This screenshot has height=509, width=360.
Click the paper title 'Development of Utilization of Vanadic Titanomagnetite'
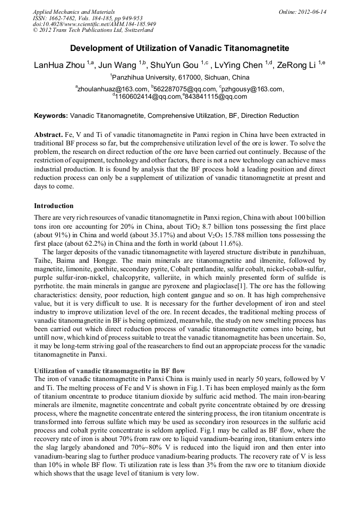[x=179, y=48]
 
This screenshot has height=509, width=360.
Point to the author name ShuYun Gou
[x=177, y=65]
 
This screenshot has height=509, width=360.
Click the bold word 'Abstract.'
[x=48, y=135]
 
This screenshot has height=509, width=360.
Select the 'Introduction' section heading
[x=54, y=206]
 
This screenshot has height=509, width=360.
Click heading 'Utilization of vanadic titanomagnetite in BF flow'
[x=110, y=369]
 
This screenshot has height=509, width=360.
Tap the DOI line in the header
[x=94, y=24]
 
